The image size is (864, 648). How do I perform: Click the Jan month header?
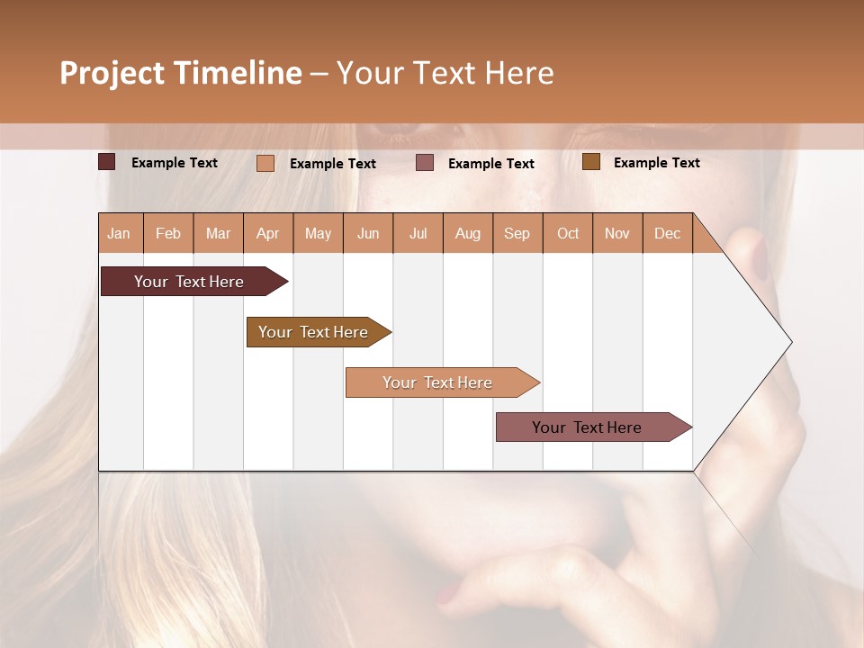point(120,233)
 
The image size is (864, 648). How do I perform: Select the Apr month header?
point(268,233)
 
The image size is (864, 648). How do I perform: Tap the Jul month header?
point(418,233)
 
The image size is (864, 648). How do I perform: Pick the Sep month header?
point(517,233)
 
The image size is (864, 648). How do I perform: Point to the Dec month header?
point(667,233)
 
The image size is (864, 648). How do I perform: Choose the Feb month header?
point(168,233)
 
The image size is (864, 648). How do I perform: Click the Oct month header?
point(568,233)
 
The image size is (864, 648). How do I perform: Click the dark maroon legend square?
point(107,162)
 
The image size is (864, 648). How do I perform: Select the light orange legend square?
point(265,163)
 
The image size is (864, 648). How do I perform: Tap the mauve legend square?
point(425,163)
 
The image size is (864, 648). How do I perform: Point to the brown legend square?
point(591,162)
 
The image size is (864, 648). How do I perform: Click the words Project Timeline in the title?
point(181,73)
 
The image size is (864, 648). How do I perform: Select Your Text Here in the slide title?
point(445,73)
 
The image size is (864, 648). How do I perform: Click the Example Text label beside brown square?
point(656,163)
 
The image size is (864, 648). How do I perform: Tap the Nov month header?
point(617,233)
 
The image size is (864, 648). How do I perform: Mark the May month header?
point(318,233)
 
